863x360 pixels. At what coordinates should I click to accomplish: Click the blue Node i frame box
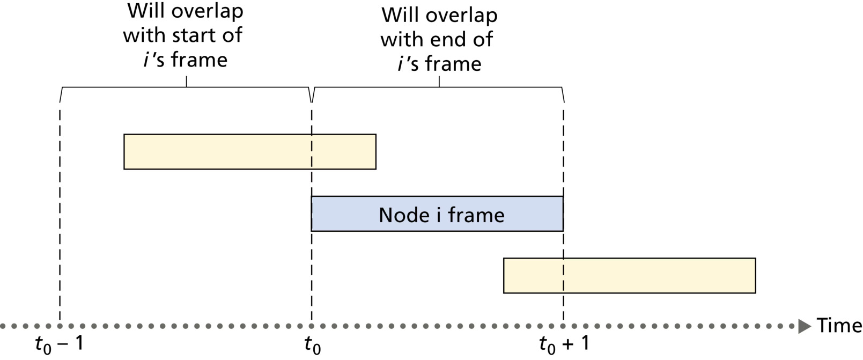(437, 214)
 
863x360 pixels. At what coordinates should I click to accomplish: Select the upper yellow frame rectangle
(250, 152)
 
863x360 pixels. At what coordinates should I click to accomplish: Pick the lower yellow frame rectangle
(630, 276)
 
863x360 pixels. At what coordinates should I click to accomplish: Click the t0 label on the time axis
(313, 344)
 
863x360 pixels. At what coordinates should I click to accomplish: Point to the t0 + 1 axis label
(564, 344)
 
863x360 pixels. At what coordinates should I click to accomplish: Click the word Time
(839, 325)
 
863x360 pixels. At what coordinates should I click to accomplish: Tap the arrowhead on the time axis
(805, 326)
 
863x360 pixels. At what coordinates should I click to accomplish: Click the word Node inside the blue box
(404, 215)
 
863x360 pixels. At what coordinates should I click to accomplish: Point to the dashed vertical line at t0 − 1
(60, 215)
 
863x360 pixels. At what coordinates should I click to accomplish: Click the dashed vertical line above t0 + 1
(564, 215)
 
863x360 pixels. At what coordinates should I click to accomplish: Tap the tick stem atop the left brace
(187, 82)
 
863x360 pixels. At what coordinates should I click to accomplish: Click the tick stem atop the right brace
(439, 82)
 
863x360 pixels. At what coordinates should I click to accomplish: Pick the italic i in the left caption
(146, 60)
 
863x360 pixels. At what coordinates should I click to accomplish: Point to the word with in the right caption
(399, 39)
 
